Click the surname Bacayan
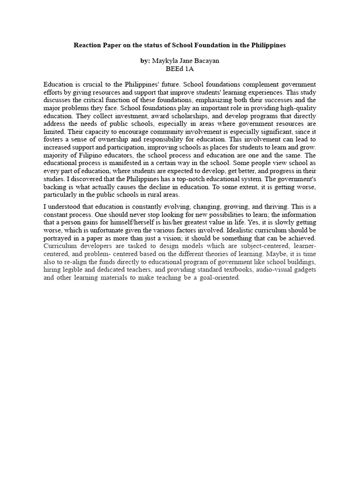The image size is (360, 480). pyautogui.click(x=205, y=61)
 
